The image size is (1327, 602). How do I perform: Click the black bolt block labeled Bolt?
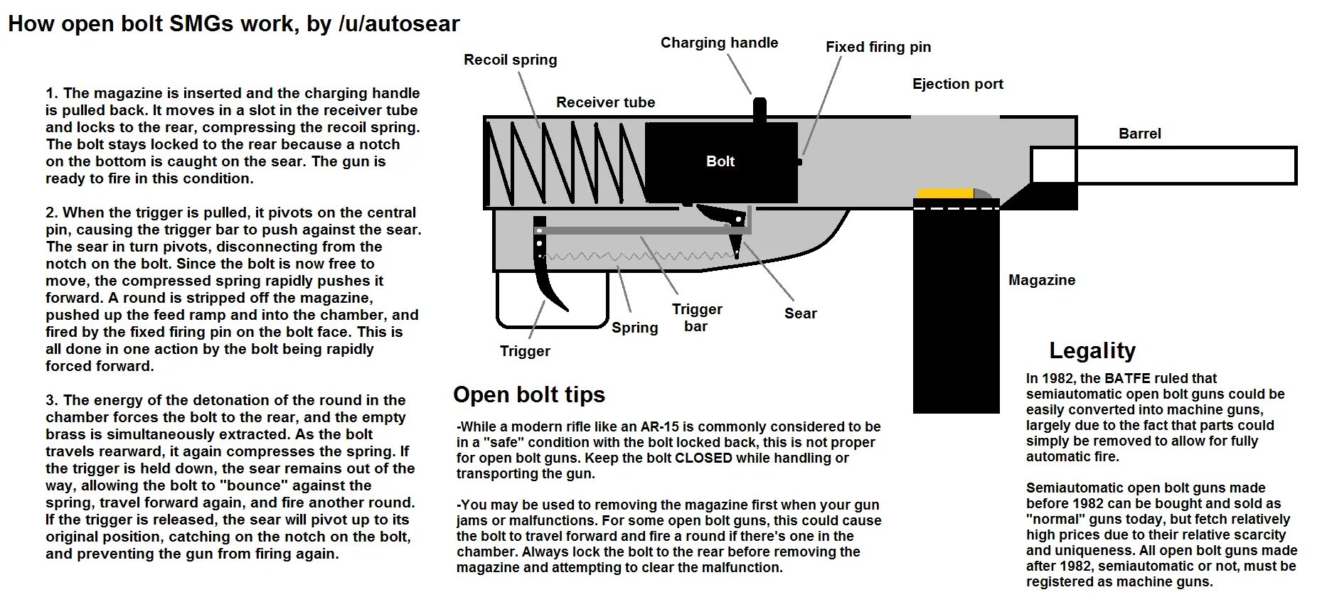(720, 162)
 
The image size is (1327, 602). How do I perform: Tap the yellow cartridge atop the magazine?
(945, 193)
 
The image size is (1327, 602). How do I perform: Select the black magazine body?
(956, 313)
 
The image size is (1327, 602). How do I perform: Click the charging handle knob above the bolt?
(760, 109)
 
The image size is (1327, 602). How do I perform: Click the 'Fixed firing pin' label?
(878, 47)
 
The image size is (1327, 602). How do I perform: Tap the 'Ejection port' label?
(957, 84)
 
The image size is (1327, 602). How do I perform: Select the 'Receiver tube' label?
(605, 102)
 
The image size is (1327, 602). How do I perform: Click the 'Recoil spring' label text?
(510, 60)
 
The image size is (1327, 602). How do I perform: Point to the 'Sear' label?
(800, 313)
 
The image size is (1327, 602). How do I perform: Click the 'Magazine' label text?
(1041, 280)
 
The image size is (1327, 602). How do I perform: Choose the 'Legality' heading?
(1092, 350)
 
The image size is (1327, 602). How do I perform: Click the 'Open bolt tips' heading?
(528, 394)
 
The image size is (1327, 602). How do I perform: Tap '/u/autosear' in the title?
(399, 24)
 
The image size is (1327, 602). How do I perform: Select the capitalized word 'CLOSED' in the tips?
(703, 458)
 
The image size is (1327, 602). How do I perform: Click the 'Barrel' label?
(1139, 134)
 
